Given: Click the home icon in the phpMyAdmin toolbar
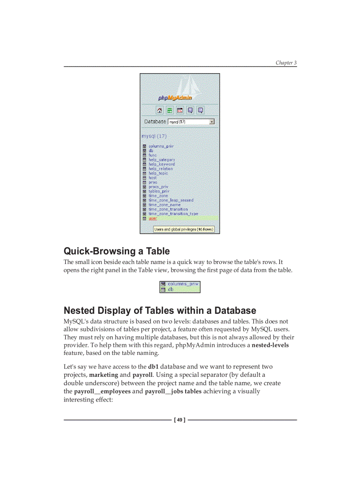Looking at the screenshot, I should coord(160,110).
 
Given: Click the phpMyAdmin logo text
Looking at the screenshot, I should coord(175,98).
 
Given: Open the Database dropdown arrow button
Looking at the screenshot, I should coord(212,122).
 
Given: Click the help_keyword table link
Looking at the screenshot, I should coord(161,164).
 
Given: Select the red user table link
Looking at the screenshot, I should coord(153,218).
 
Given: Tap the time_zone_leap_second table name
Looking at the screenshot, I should coord(171,200).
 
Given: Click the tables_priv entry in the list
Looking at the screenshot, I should coord(159,191).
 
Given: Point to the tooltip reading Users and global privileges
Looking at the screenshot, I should coord(184,229).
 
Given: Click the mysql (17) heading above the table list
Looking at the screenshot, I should coord(154,136).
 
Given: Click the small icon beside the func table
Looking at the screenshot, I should coord(144,155).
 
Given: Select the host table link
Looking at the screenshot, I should coord(153,178).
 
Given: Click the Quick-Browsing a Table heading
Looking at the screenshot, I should coord(116,251).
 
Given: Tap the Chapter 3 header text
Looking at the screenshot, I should coord(286,63).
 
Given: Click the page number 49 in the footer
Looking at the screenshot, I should coord(180,420).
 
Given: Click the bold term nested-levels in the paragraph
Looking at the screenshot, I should coord(270,345).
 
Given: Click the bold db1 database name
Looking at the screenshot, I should coord(153,367).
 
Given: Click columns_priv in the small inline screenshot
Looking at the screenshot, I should coord(183,284).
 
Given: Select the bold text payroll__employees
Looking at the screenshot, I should coord(102,391).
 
